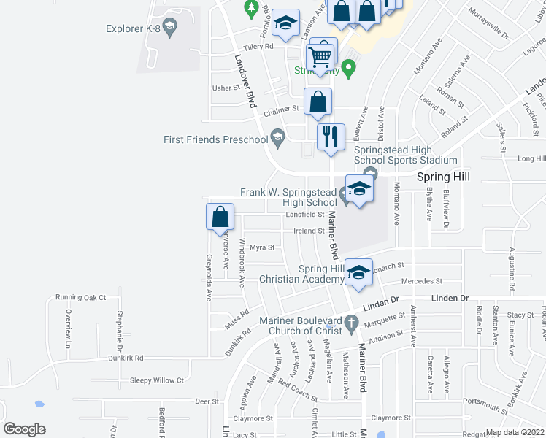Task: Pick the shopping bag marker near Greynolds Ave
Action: coord(220,218)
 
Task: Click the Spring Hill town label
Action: coord(442,177)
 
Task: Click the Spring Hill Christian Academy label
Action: coord(301,274)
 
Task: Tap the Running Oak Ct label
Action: coord(81,298)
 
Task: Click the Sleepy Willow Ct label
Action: coord(156,380)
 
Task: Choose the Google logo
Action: coord(25,429)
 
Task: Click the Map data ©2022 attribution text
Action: coord(515,432)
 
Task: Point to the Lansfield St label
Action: coord(304,215)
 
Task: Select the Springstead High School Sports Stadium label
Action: coord(405,155)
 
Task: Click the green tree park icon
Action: coord(252,9)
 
